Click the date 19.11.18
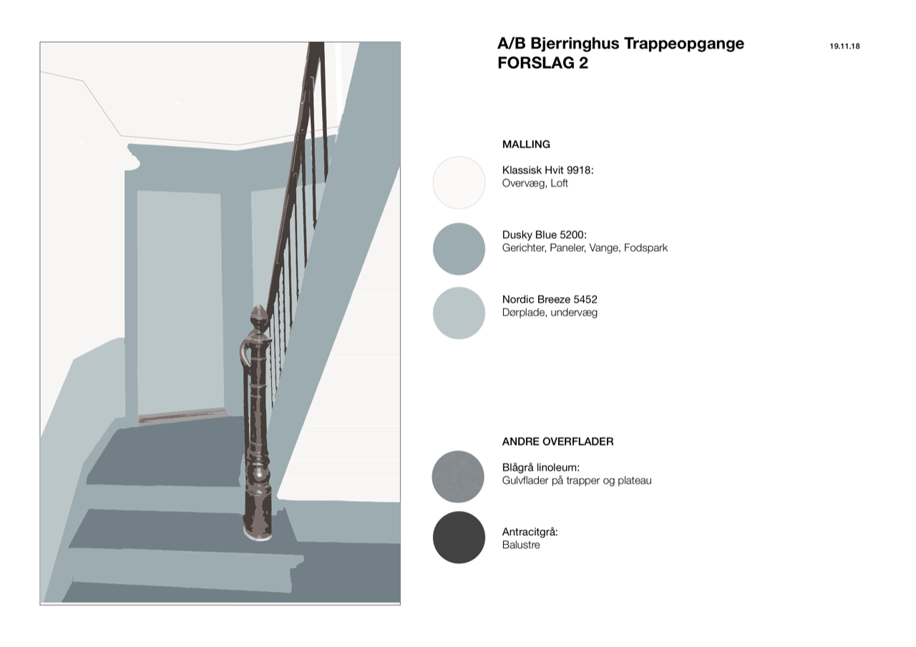click(x=844, y=47)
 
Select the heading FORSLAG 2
click(x=542, y=63)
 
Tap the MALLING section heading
click(x=526, y=145)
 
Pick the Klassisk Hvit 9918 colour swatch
click(x=459, y=183)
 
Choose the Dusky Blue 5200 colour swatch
click(x=459, y=248)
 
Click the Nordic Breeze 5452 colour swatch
click(x=459, y=313)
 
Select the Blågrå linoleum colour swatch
click(x=458, y=477)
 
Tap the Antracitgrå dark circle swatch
click(x=459, y=537)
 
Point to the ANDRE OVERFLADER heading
click(x=557, y=442)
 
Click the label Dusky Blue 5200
click(x=544, y=235)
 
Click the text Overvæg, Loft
click(x=535, y=183)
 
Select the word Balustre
click(x=521, y=545)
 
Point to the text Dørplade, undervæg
click(x=550, y=313)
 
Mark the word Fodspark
click(x=645, y=248)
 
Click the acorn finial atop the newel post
click(x=259, y=318)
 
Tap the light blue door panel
click(x=180, y=303)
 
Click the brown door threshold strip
click(x=182, y=415)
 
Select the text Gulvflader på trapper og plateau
click(x=577, y=480)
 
